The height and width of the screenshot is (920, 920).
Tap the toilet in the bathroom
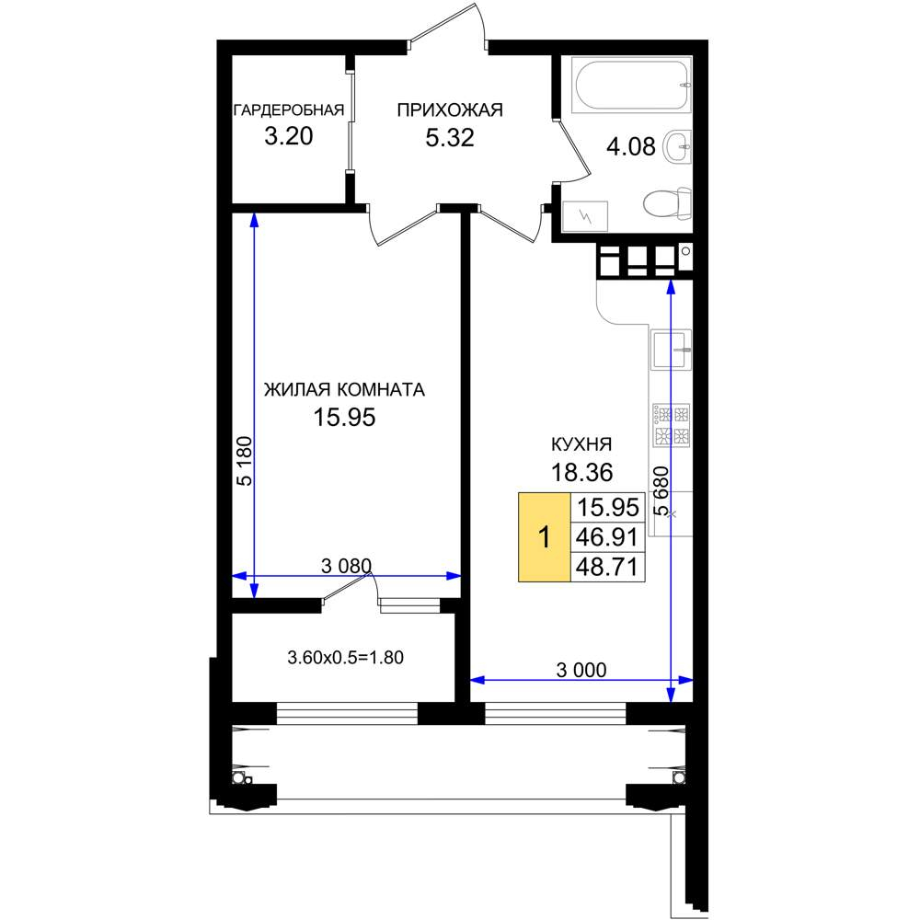tap(667, 203)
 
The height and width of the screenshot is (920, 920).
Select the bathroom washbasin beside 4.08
tap(677, 146)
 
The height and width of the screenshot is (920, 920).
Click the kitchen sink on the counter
tap(672, 349)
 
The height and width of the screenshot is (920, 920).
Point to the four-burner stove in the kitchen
tap(672, 425)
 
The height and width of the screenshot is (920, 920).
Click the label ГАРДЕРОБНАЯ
tap(289, 110)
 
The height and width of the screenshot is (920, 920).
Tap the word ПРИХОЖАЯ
tap(450, 109)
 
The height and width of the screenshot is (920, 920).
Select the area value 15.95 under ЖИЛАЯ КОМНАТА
tap(344, 417)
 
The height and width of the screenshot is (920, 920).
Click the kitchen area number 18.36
tap(582, 472)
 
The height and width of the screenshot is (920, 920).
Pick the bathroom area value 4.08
tap(631, 146)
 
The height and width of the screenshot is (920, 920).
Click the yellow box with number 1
tap(544, 537)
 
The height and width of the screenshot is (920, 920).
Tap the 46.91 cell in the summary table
tap(607, 536)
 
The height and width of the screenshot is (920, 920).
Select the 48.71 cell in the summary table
tap(607, 567)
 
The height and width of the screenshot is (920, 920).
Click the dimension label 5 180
tap(245, 461)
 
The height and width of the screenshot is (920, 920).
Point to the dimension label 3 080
tap(346, 566)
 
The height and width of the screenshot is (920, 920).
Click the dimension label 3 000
tap(581, 670)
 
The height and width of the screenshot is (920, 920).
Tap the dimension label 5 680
tap(661, 490)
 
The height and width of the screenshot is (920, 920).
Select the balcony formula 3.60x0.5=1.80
tap(346, 657)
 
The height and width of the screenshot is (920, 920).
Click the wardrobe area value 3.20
tap(289, 136)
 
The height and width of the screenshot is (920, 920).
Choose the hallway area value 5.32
tap(450, 137)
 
